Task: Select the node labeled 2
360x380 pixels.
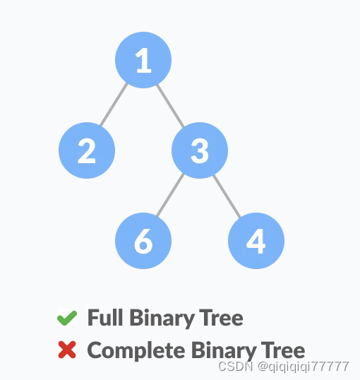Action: pos(87,150)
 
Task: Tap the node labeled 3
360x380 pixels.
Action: pos(200,150)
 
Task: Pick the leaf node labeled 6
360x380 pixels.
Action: pos(143,241)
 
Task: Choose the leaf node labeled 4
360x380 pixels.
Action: pos(256,241)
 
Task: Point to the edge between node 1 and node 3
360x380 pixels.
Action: pos(171,105)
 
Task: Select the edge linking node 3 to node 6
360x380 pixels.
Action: pos(172,196)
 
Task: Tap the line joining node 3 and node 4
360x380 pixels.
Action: pos(227,195)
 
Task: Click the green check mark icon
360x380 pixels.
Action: pos(66,319)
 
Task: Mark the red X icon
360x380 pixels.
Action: pos(67,350)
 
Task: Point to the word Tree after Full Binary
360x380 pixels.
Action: pos(222,319)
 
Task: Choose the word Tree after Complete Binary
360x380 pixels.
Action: pos(284,350)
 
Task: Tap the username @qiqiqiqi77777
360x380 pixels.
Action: pos(304,367)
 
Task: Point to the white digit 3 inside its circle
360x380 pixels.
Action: pos(200,150)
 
